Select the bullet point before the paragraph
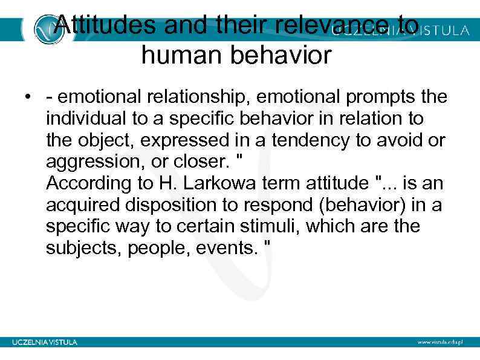click(x=28, y=97)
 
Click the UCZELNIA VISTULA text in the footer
click(x=45, y=342)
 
